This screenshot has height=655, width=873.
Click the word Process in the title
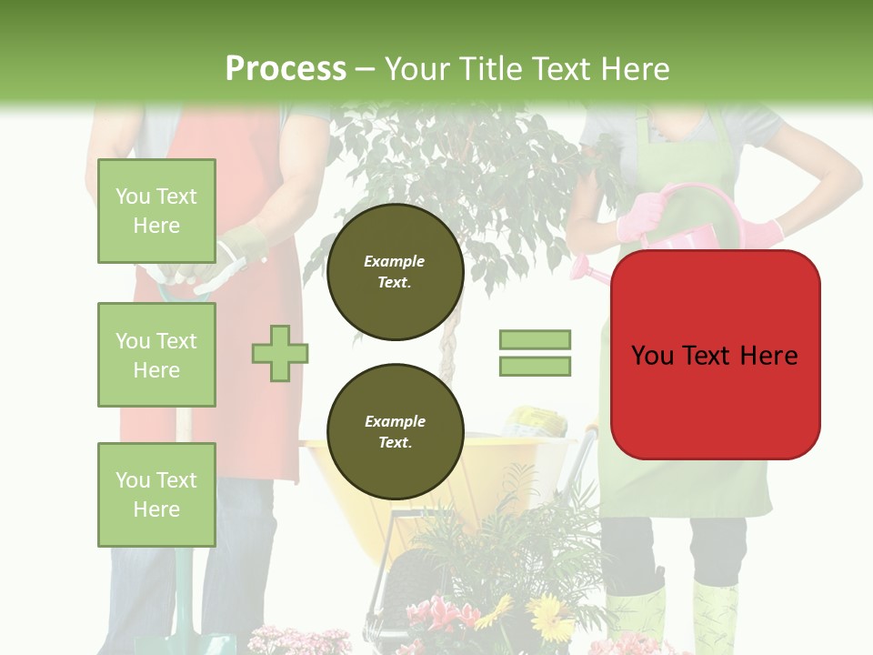pyautogui.click(x=286, y=69)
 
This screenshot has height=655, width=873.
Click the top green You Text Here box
pyautogui.click(x=156, y=211)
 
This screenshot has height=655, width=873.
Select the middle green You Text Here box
pyautogui.click(x=156, y=355)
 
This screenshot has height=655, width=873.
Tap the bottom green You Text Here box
pyautogui.click(x=156, y=494)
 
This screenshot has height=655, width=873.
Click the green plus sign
pyautogui.click(x=279, y=353)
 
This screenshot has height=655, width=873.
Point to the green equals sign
pyautogui.click(x=535, y=353)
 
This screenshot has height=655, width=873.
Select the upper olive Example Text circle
pyautogui.click(x=395, y=272)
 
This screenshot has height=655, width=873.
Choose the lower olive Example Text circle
pyautogui.click(x=395, y=432)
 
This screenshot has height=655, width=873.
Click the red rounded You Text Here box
pyautogui.click(x=715, y=355)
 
